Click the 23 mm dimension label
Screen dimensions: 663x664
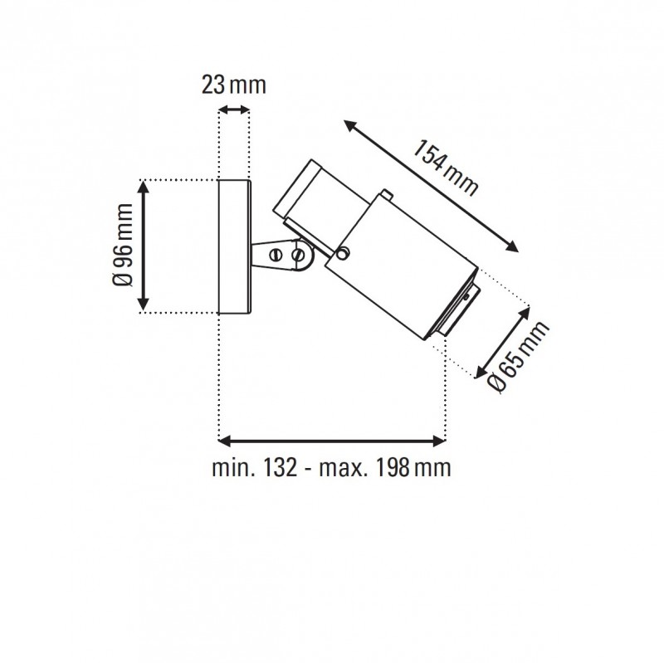(x=233, y=85)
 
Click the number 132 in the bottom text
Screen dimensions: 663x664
(x=281, y=468)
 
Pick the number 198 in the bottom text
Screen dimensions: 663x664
(x=390, y=468)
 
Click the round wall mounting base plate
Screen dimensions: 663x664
(x=233, y=246)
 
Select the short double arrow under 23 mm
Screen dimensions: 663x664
(x=233, y=110)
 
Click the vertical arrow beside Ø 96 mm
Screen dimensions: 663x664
(x=145, y=246)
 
